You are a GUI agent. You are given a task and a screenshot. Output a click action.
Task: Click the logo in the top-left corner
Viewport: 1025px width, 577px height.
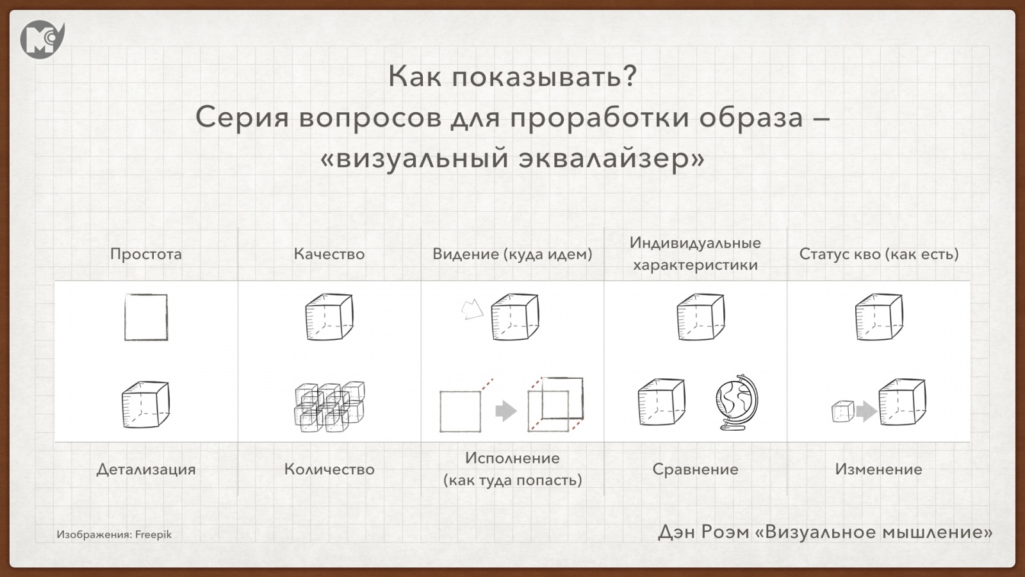coord(42,38)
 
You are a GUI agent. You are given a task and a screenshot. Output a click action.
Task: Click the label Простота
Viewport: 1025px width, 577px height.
coord(146,254)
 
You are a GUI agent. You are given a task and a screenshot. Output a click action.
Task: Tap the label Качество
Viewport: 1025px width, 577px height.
coord(329,254)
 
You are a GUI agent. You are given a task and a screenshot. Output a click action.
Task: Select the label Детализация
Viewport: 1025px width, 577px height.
coord(146,469)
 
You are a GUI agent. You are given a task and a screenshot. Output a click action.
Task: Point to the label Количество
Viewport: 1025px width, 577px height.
coord(329,469)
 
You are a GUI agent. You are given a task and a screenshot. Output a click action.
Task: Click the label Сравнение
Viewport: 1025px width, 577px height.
coord(695,469)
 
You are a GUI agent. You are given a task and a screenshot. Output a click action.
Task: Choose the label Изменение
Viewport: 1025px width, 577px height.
coord(878,469)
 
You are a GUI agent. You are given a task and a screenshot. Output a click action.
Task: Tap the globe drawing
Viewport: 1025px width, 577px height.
coord(736,402)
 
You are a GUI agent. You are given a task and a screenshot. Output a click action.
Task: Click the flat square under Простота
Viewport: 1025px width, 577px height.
coord(146,317)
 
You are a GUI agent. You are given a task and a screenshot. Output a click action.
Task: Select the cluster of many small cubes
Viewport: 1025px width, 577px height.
coord(329,406)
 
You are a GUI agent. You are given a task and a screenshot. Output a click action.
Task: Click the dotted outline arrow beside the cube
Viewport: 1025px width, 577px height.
coord(472,310)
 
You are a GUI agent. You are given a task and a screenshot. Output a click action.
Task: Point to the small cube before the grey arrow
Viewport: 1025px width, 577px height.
coord(842,411)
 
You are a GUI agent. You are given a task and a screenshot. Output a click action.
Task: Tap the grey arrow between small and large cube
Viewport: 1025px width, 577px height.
coord(866,411)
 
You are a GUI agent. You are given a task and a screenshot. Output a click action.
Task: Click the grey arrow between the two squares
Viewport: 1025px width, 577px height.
coord(505,410)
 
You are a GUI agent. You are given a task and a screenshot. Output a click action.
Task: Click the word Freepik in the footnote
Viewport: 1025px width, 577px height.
coord(153,535)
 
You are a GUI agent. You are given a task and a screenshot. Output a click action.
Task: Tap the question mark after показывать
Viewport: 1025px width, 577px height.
coord(629,76)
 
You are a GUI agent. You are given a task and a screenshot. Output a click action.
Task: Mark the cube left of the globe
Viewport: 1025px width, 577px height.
coord(662,402)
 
